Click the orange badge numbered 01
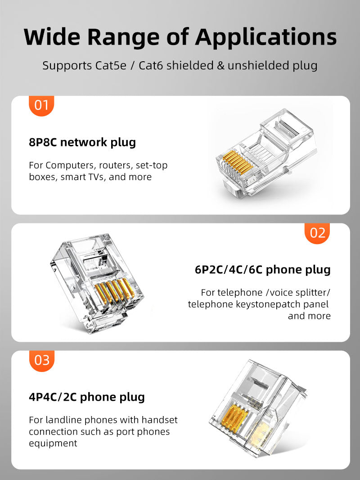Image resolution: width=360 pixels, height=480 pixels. [41, 106]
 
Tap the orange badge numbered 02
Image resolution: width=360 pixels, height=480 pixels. [318, 233]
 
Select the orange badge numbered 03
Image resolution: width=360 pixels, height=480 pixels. [41, 361]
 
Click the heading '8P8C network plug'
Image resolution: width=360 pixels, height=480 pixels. [82, 143]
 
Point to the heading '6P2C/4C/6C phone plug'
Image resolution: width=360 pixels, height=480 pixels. [262, 270]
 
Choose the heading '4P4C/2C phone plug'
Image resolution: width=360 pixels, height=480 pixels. [87, 397]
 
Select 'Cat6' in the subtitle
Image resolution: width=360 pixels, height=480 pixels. [152, 65]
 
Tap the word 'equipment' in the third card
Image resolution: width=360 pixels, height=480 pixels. [53, 444]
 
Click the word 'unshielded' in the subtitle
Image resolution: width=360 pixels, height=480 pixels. [256, 65]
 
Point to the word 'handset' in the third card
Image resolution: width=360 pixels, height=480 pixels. [159, 420]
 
